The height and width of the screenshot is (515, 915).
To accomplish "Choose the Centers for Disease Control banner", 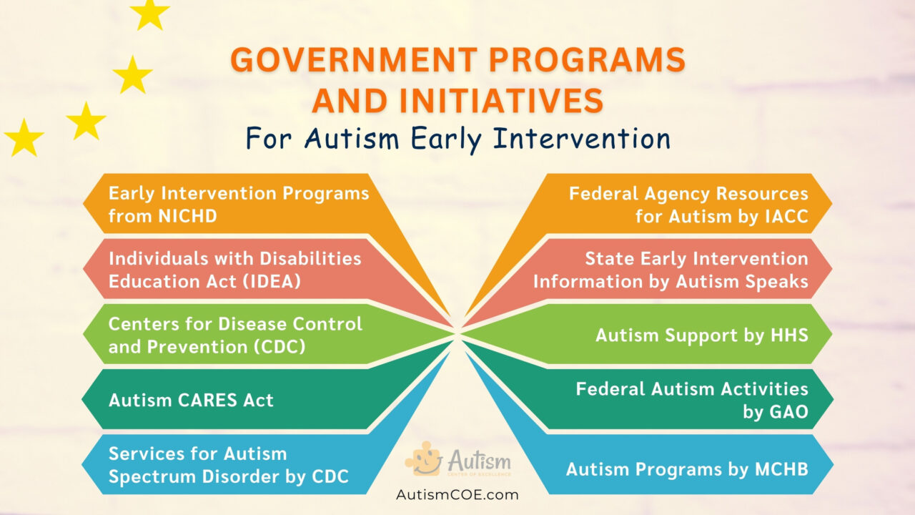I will click(x=235, y=334).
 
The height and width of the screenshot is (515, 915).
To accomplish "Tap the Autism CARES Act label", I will click(x=191, y=400).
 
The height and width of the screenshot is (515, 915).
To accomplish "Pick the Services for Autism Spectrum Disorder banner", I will click(x=228, y=465).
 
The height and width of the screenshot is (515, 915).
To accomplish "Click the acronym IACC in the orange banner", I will click(x=781, y=216).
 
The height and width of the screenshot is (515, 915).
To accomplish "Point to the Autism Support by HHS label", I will click(x=701, y=334).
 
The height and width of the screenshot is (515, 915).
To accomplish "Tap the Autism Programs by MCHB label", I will click(x=686, y=469).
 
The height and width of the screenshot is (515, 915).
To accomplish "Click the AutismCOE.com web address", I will click(x=457, y=494).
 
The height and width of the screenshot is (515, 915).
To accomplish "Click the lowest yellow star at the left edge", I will click(x=24, y=138).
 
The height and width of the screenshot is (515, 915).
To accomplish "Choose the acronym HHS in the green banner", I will click(x=788, y=334).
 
